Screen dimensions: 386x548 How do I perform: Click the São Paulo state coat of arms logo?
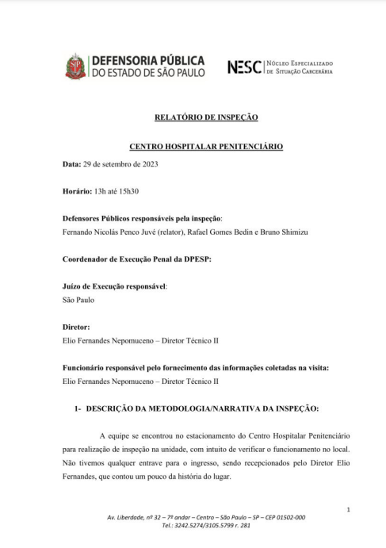point(75,66)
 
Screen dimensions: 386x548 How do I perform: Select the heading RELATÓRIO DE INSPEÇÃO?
point(205,117)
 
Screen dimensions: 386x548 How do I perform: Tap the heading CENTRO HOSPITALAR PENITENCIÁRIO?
point(205,147)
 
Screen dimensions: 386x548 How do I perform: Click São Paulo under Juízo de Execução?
point(78,300)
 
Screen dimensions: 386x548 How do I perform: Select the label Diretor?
point(76,327)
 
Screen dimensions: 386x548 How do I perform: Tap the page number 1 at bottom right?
point(349,508)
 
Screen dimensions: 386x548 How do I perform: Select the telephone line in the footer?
point(205,525)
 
